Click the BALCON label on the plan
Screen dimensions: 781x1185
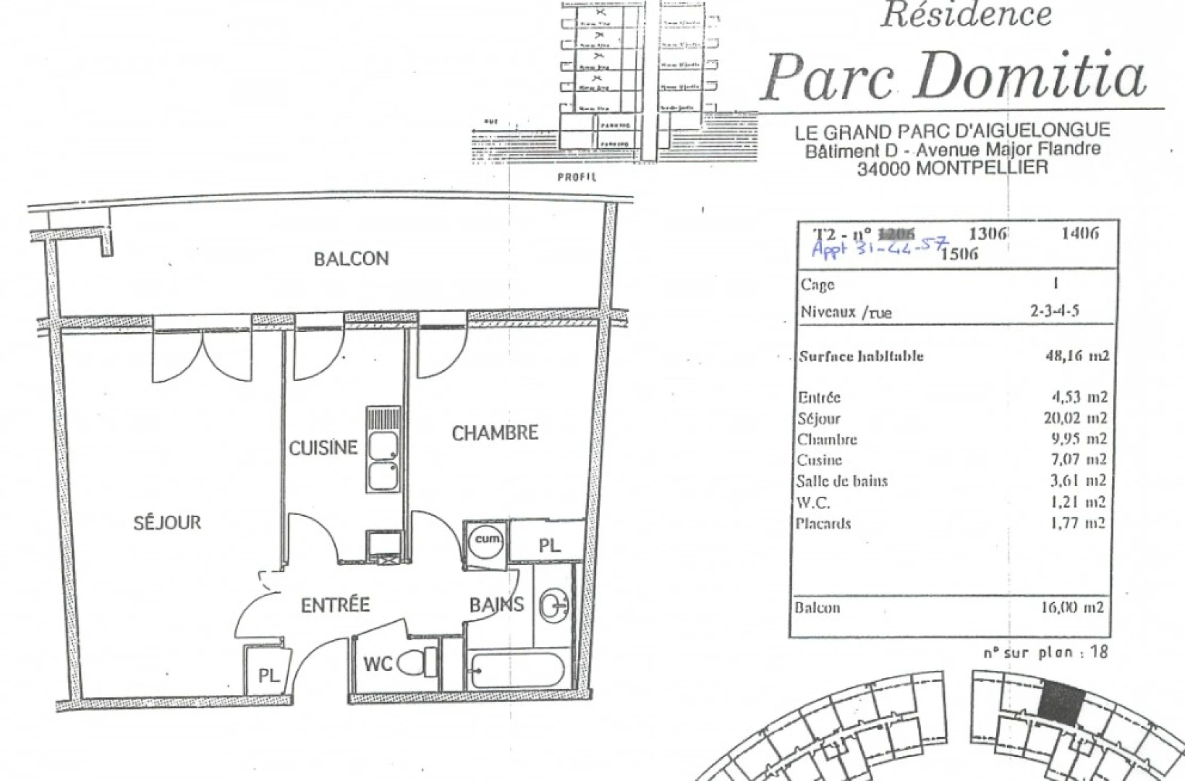click(x=351, y=258)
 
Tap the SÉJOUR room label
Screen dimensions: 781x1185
click(x=167, y=522)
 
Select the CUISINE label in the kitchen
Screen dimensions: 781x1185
click(x=323, y=448)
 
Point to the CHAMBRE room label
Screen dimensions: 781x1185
click(x=495, y=433)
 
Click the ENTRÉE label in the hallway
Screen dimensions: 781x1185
click(x=336, y=605)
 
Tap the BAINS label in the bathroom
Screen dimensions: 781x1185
click(x=496, y=605)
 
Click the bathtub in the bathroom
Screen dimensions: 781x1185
click(x=514, y=670)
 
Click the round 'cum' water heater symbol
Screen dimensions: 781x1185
click(x=487, y=540)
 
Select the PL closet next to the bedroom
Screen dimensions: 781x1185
click(x=549, y=545)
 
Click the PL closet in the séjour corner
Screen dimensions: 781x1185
click(x=268, y=675)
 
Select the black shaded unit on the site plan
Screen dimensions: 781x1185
click(x=1063, y=707)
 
